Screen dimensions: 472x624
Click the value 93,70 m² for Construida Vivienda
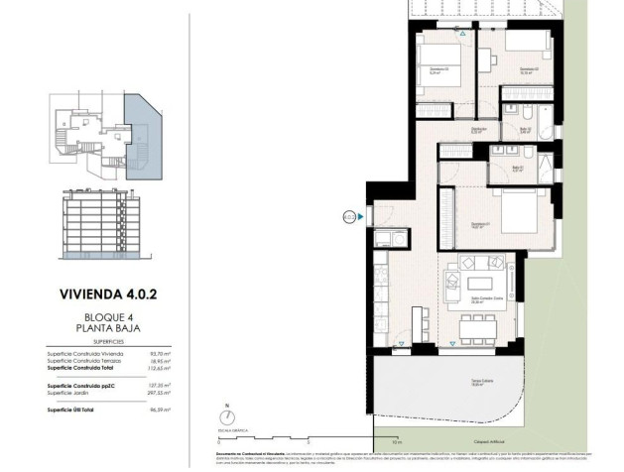coord(157,352)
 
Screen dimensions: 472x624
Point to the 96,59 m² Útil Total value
coord(157,408)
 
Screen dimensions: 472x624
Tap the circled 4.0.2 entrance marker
coord(349,215)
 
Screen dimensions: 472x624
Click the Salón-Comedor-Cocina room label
coord(481,300)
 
